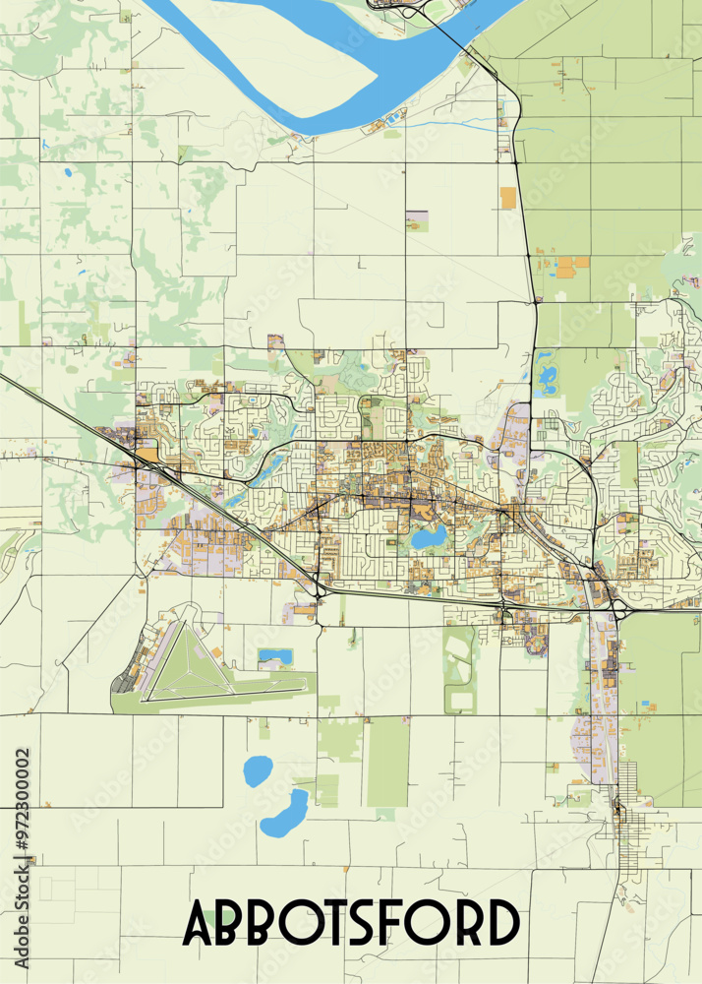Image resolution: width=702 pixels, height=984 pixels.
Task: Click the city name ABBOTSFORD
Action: pyautogui.click(x=351, y=924)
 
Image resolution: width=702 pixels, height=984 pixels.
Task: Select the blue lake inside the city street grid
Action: pyautogui.click(x=430, y=537)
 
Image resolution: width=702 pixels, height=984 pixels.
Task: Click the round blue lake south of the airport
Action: pyautogui.click(x=258, y=770)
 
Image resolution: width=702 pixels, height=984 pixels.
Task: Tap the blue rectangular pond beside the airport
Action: pyautogui.click(x=274, y=655)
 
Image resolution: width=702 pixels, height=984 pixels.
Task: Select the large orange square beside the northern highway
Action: pyautogui.click(x=508, y=197)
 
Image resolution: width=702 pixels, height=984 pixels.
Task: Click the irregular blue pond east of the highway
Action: pyautogui.click(x=547, y=376)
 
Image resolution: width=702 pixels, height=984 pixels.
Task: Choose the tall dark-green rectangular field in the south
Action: pyautogui.click(x=387, y=763)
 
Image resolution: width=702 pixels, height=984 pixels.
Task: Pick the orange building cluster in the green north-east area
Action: pyautogui.click(x=572, y=266)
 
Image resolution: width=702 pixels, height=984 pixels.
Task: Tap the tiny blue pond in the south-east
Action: pyautogui.click(x=648, y=706)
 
